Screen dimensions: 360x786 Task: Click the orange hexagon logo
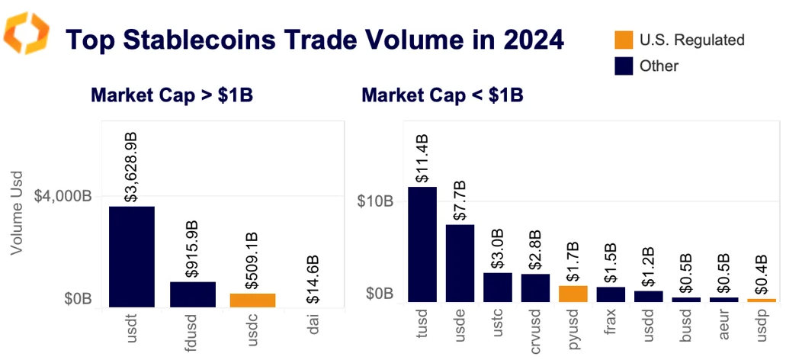(x=26, y=34)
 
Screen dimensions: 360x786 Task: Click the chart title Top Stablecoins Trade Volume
(x=314, y=38)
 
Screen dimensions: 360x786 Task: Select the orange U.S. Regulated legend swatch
(x=624, y=40)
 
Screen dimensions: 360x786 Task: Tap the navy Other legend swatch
(x=624, y=66)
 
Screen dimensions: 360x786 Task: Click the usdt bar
(x=132, y=256)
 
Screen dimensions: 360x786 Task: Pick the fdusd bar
(x=192, y=294)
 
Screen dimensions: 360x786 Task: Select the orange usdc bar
(x=252, y=300)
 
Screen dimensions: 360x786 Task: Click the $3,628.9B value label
(x=131, y=166)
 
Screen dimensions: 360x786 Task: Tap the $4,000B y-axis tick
(x=63, y=196)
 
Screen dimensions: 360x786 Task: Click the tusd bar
(x=422, y=244)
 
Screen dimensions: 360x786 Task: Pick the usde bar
(x=460, y=263)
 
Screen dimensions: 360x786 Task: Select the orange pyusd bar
(x=573, y=294)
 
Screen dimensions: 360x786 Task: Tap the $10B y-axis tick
(x=375, y=201)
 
